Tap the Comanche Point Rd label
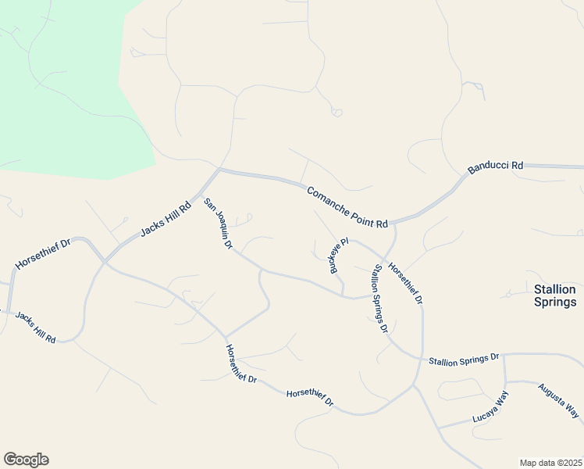point(347,207)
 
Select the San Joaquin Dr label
point(219,224)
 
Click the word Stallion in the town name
point(555,288)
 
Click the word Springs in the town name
point(555,302)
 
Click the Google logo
point(26,460)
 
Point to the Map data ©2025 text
point(550,462)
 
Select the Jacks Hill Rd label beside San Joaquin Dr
point(166,221)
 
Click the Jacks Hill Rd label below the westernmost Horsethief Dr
point(34,327)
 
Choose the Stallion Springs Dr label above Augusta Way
point(463,359)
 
